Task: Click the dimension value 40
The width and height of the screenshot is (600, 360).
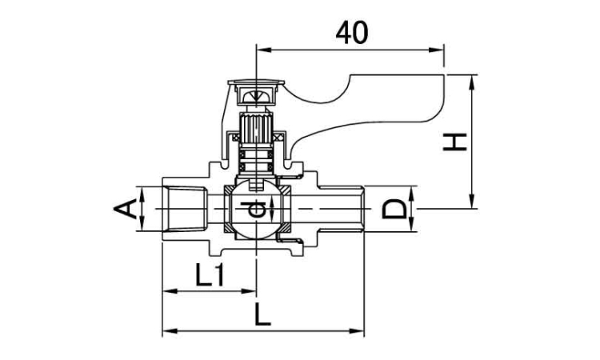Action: (x=352, y=33)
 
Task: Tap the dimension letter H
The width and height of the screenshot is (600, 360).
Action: (x=454, y=142)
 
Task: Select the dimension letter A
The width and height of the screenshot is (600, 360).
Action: (x=125, y=209)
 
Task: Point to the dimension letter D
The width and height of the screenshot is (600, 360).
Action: (x=394, y=209)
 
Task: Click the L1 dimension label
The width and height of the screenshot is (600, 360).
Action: (x=210, y=275)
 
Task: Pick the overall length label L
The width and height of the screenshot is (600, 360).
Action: (x=263, y=316)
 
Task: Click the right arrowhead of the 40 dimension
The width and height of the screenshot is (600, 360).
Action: (x=436, y=50)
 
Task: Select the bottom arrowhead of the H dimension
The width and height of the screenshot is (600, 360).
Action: (x=473, y=202)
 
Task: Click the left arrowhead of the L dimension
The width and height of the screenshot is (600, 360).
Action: (x=170, y=331)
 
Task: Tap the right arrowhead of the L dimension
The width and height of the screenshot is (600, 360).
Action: (x=356, y=331)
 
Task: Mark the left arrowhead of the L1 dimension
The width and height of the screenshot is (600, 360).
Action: (x=170, y=291)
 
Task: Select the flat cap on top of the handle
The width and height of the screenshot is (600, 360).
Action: (x=256, y=82)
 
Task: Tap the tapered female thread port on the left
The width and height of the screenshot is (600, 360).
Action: (x=185, y=209)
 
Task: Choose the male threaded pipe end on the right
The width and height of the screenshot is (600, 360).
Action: (x=342, y=209)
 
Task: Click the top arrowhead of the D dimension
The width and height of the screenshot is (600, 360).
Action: (x=411, y=193)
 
